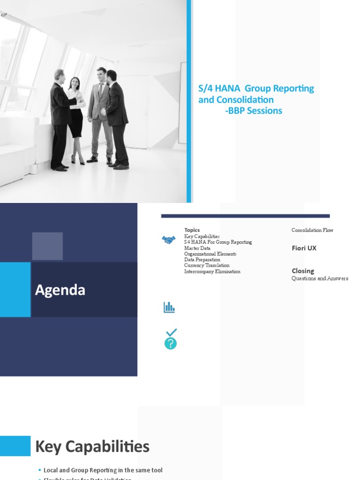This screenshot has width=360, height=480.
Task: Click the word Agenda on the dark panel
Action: coord(60,290)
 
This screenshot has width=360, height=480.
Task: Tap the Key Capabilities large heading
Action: coord(92,447)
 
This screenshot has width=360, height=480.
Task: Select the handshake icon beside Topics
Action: coord(169,240)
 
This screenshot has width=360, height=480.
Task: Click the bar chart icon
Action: coord(169,307)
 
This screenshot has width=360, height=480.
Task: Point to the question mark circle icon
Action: coord(171,344)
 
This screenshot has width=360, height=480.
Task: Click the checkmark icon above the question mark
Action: coord(172,332)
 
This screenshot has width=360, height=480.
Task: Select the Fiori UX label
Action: coord(304,248)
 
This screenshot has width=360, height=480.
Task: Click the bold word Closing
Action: coord(303,271)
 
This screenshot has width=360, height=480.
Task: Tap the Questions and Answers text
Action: coord(320,278)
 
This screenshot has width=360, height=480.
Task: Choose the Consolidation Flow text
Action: coord(312,230)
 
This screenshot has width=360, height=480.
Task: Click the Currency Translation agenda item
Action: coord(207,265)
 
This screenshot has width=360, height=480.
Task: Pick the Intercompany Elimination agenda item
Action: coord(212,271)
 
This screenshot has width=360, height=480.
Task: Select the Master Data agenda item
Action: coord(197,248)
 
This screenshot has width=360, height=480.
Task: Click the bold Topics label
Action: coord(192,230)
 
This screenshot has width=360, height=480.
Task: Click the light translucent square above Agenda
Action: coord(47,246)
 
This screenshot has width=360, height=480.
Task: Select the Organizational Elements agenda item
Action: coord(210,254)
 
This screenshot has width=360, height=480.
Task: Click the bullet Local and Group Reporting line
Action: coord(103,470)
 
